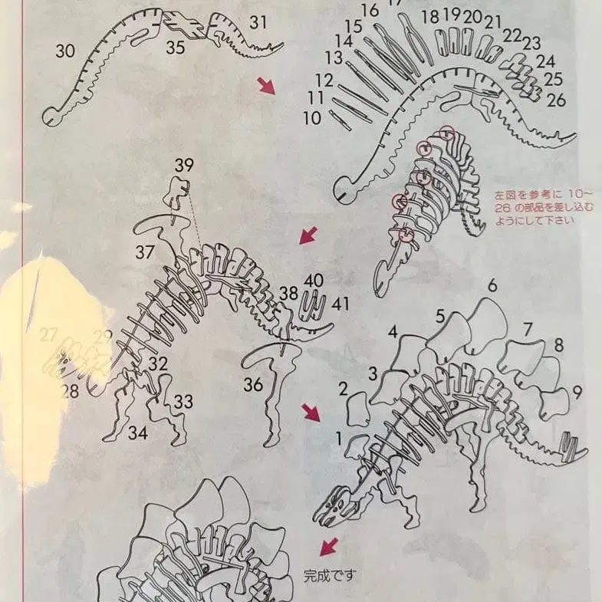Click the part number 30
[65, 51]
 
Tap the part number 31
[258, 23]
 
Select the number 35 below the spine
[176, 48]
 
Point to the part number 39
[184, 166]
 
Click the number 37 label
[145, 252]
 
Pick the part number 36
[254, 383]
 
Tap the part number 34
[138, 433]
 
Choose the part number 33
[183, 401]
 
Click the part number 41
[340, 303]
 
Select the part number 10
[311, 118]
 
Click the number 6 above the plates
[492, 285]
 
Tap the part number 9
[577, 392]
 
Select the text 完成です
[330, 574]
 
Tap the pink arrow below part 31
[267, 86]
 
